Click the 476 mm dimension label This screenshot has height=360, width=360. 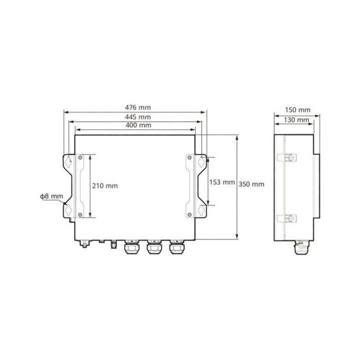138,107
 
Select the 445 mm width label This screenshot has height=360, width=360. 138,117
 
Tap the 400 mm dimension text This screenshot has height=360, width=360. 138,125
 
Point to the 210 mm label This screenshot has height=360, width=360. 105,185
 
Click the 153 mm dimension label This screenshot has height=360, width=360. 222,182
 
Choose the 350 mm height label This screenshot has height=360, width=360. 251,184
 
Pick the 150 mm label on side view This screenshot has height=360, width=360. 297,110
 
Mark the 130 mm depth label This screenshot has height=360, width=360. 296,120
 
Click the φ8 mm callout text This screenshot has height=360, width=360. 51,196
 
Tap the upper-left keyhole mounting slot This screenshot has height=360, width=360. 68,161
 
